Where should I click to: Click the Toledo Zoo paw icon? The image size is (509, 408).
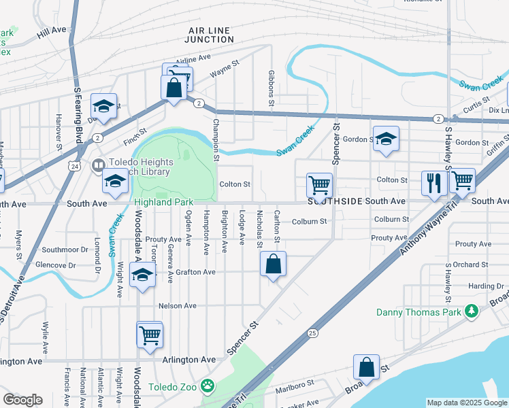208,388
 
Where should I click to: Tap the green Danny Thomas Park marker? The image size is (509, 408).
470,312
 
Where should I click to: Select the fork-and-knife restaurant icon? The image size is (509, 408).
433,182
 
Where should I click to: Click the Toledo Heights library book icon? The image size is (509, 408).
99,165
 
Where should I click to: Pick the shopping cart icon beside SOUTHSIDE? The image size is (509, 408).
319,184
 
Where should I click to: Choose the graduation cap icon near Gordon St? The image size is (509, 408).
386,139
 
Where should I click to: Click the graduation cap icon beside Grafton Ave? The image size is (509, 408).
142,275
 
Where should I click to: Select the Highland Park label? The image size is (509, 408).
163,203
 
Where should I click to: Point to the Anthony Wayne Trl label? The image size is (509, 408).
419,232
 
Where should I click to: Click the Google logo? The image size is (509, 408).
22,400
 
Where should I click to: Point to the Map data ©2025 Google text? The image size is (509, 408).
466,403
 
